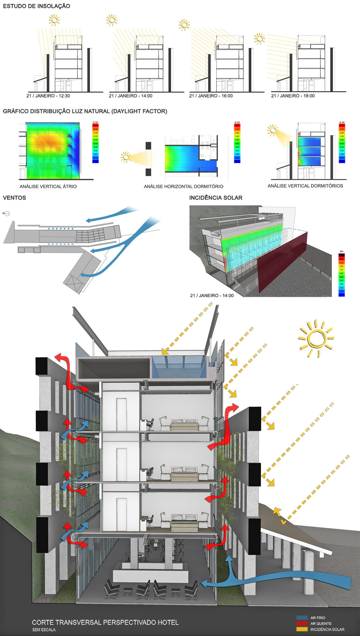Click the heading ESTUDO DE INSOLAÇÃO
(x=36, y=6)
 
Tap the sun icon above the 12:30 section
(x=54, y=20)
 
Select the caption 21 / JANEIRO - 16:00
(x=211, y=96)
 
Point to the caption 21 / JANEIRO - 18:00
(x=293, y=96)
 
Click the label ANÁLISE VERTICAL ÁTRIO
(x=48, y=186)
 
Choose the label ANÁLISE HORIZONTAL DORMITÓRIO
(x=184, y=186)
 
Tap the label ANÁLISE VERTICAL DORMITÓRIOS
(x=305, y=186)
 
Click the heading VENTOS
(x=14, y=198)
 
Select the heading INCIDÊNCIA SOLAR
(x=216, y=198)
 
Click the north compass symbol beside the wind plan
(x=7, y=214)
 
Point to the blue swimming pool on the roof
(x=179, y=367)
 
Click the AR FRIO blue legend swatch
(x=302, y=618)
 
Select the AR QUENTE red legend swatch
(x=302, y=623)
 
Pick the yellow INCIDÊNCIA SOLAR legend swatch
(x=302, y=629)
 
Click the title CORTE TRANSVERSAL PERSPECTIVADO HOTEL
(x=105, y=622)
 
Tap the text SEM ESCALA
(x=44, y=630)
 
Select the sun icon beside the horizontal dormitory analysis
(x=126, y=157)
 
